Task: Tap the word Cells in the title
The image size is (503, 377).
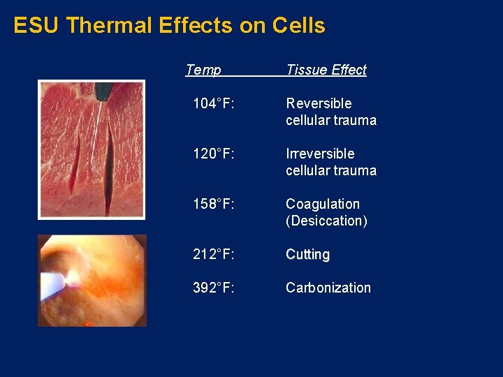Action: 298,26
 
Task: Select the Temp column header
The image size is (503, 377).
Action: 203,70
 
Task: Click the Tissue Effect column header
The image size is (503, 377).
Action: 326,70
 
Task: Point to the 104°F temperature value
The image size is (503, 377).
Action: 213,103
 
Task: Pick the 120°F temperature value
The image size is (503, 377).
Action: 213,154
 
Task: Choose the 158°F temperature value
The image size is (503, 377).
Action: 213,204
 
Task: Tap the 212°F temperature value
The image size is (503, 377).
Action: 213,254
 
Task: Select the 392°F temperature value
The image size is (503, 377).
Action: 213,288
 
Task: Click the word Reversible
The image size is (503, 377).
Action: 319,103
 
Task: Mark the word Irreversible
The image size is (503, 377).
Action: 320,154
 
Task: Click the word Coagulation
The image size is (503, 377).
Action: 323,204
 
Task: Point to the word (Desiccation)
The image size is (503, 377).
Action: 326,221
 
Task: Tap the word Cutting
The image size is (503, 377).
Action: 307,254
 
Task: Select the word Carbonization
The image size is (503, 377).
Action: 328,288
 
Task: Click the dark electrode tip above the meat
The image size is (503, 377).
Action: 104,91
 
